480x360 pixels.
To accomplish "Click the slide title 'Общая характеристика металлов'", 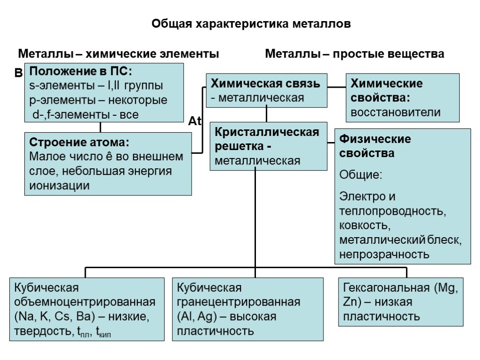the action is (251, 24).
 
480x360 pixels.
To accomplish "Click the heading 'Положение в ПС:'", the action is (81, 71).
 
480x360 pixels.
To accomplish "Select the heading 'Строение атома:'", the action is (79, 142).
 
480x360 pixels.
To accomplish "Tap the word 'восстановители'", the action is (396, 112).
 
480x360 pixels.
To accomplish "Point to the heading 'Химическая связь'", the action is (265, 83).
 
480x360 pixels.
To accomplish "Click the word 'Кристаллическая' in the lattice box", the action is (267, 132).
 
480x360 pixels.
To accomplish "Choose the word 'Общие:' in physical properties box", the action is (360, 175).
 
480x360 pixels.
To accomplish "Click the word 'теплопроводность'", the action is (392, 211).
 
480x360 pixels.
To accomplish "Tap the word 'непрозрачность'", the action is (384, 255).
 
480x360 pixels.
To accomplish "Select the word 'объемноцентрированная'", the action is (85, 302).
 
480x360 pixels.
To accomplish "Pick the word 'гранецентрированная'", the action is (239, 302).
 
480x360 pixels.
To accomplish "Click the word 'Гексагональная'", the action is (386, 288).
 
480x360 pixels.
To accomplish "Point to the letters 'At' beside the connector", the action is (195, 121).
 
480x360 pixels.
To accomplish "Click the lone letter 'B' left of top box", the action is (18, 73).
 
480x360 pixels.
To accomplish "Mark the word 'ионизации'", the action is (60, 186).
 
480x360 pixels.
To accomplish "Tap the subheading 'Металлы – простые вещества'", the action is (354, 54).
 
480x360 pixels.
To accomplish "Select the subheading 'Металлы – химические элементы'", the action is (119, 54).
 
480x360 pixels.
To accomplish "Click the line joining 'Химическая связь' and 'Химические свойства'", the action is (337, 87).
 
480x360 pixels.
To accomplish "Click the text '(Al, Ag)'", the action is (196, 316).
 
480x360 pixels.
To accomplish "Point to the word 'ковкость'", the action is (365, 225).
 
